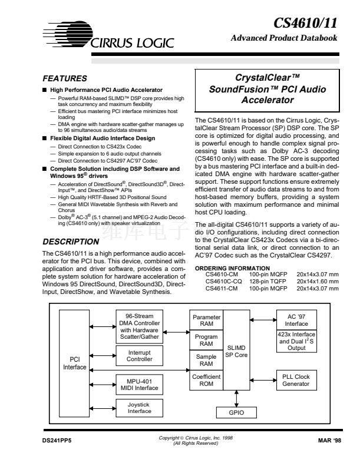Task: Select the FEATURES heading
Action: pos(65,78)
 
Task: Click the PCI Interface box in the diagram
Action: pos(74,362)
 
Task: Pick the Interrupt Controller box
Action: pos(139,356)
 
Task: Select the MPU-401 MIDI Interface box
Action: pos(139,384)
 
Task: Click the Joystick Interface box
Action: pos(139,408)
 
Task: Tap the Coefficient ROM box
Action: pos(206,381)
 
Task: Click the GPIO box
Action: pos(236,413)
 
